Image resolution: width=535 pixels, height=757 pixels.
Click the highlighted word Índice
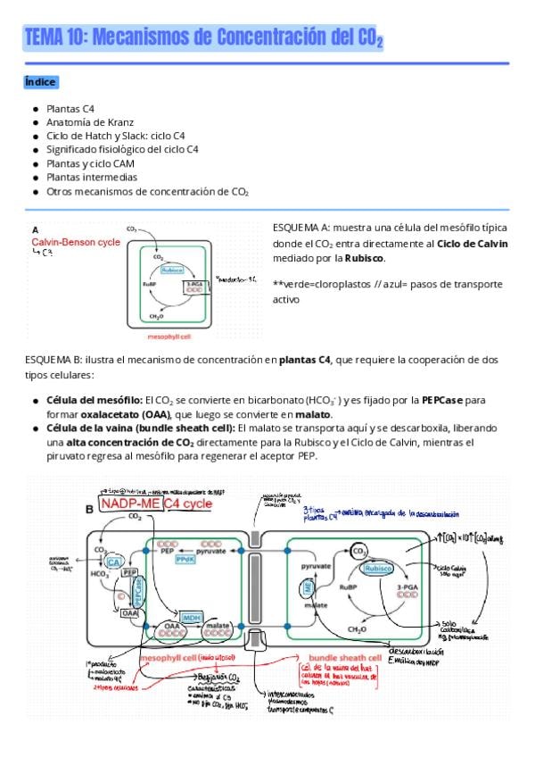[41, 82]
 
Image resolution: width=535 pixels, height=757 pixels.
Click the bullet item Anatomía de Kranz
[84, 121]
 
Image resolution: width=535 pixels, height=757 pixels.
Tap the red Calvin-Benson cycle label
[76, 242]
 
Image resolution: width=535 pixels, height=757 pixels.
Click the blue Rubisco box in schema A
[172, 270]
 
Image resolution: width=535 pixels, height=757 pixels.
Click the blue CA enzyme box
[113, 562]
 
